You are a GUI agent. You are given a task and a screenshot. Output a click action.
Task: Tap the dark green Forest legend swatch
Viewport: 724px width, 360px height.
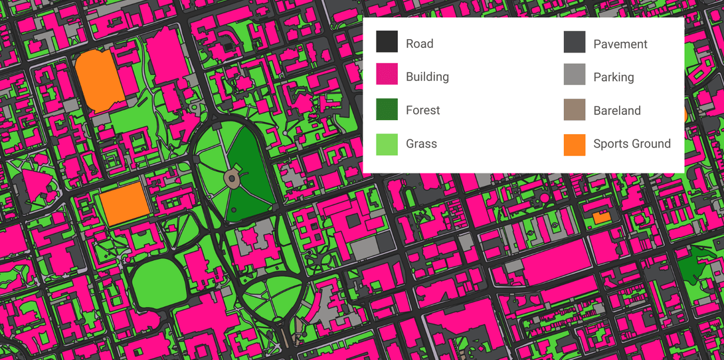point(387,109)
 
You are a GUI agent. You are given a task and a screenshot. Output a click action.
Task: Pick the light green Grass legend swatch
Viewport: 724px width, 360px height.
point(387,143)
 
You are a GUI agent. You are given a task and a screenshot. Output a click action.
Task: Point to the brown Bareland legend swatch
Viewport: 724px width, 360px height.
point(575,110)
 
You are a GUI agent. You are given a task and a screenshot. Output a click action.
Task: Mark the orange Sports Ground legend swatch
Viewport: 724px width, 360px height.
point(575,144)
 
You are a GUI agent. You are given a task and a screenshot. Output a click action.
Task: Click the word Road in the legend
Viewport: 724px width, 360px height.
point(419,44)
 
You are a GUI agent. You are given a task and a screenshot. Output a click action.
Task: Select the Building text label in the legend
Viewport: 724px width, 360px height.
point(427,77)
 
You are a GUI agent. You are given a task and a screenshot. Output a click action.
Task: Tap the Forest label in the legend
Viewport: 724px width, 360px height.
point(422,110)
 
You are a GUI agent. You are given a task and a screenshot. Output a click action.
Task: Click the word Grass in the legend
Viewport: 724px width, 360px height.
point(421,143)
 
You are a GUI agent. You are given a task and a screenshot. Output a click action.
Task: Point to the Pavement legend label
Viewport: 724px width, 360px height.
point(620,45)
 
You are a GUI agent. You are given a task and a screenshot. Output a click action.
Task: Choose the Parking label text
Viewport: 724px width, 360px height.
point(614,78)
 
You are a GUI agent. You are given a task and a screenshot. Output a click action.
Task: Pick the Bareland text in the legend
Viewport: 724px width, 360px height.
point(617,111)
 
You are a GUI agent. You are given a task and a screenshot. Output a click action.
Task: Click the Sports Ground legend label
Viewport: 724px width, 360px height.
point(632,143)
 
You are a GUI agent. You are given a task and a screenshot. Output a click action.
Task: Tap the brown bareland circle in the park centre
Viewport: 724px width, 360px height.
point(232,177)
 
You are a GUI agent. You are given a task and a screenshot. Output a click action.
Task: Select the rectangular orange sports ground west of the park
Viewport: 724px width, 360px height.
point(124,203)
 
